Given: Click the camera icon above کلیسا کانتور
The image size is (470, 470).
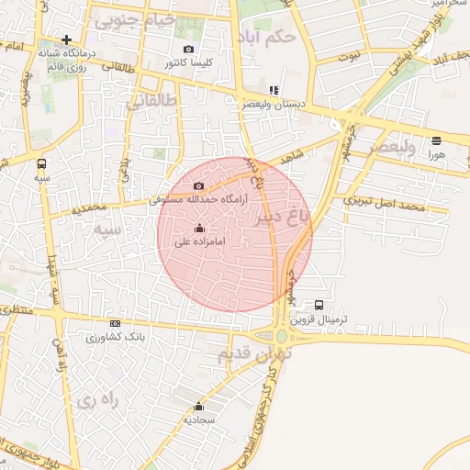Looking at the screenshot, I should tap(189, 49).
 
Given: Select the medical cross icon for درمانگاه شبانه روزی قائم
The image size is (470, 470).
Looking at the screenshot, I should tap(66, 39).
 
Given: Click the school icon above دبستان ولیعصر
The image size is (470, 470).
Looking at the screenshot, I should tap(273, 90).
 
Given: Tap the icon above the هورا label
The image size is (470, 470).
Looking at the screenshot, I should tap(436, 140).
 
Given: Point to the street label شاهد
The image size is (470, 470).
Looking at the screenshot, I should tap(294, 158).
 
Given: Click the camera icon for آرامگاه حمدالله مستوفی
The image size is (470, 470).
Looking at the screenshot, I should tap(198, 186).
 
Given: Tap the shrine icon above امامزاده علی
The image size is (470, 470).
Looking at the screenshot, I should tap(200, 228).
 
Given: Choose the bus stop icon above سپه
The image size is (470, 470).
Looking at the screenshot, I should tap(40, 162).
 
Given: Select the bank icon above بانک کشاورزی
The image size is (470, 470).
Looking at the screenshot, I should tap(115, 323).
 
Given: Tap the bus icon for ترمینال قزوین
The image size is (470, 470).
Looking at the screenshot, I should tap(319, 305).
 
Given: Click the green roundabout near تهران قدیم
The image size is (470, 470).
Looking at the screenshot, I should tap(281, 335).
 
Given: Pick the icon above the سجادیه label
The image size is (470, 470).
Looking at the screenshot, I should tap(199, 405).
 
